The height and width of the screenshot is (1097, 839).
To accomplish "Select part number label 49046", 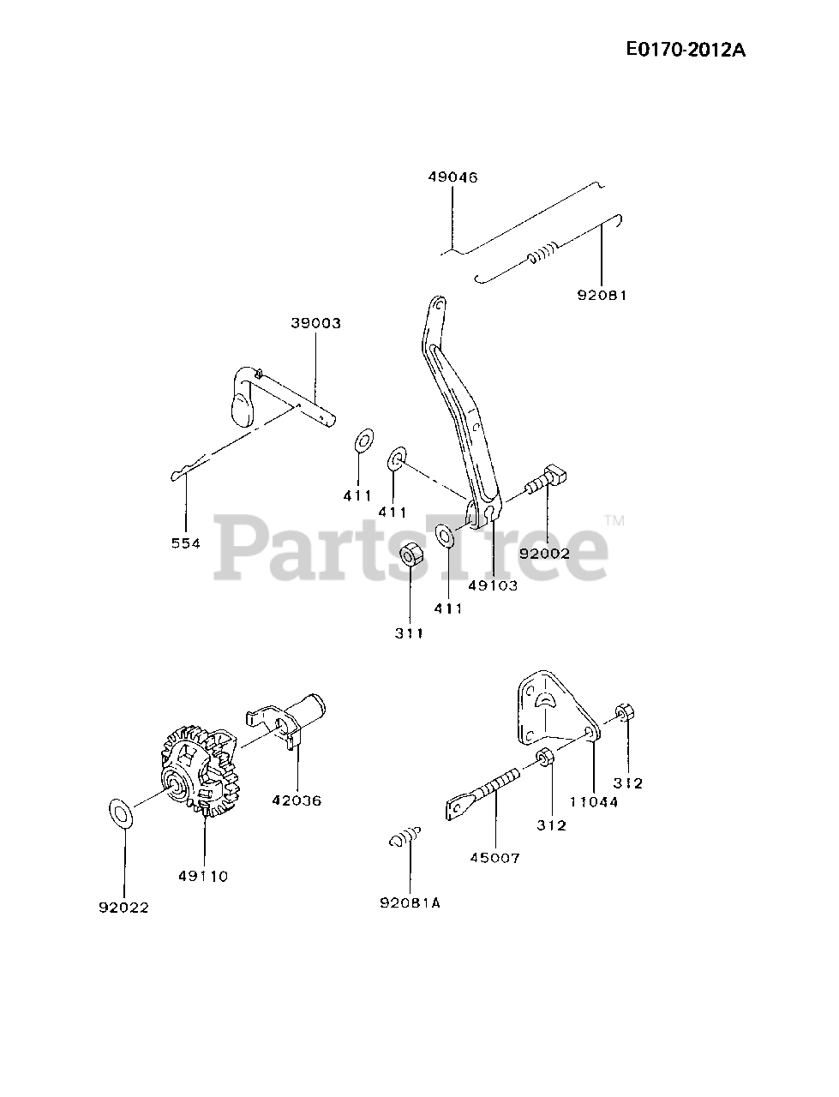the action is pyautogui.click(x=452, y=177).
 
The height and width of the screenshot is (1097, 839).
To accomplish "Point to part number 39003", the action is pyautogui.click(x=315, y=323).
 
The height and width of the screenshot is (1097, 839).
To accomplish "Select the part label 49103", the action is pyautogui.click(x=493, y=586).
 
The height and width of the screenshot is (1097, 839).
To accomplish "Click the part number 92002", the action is pyautogui.click(x=544, y=554).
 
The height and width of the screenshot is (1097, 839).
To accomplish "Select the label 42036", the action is pyautogui.click(x=297, y=800).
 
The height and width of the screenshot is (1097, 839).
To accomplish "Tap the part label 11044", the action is pyautogui.click(x=594, y=802).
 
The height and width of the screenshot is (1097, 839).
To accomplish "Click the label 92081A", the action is pyautogui.click(x=410, y=902).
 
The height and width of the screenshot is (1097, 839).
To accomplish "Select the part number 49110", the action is pyautogui.click(x=204, y=876).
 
